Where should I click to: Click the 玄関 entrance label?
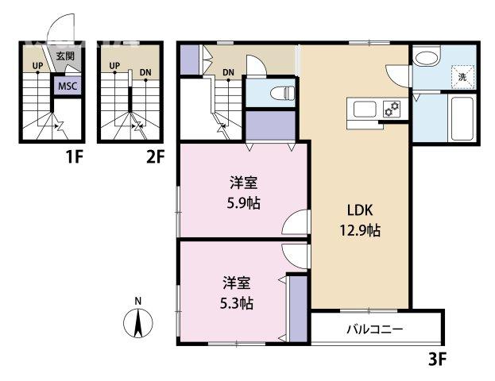65,56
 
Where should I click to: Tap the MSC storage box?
68,86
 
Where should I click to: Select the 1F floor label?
74,156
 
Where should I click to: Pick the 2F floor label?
155,156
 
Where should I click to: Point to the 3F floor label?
438,359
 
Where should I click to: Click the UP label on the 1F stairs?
37,66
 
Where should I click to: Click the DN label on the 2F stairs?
145,72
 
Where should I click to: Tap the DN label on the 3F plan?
228,72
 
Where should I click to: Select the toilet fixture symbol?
283,93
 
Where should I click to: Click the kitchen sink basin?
365,109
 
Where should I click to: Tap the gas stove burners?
392,109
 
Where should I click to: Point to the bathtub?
462,118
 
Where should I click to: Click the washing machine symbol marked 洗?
462,77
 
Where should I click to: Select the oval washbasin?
426,59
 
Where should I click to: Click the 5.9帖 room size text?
244,204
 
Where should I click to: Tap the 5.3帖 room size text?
237,303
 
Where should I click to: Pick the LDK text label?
360,210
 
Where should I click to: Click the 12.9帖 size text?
360,230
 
